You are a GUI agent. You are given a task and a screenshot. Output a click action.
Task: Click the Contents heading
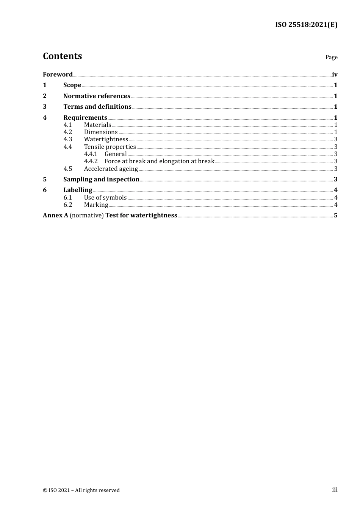[x=62, y=56]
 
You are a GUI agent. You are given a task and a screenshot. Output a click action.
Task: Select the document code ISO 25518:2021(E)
[x=306, y=25]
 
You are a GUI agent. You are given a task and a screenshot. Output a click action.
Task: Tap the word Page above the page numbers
[x=331, y=57]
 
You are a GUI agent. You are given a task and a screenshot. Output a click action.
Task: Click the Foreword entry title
[x=58, y=74]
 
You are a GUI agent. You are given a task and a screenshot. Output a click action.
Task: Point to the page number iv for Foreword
[x=335, y=75]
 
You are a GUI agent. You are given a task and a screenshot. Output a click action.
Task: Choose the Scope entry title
[x=72, y=85]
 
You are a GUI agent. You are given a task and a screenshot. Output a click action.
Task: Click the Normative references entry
[x=97, y=96]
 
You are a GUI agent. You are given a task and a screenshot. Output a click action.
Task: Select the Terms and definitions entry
[x=97, y=107]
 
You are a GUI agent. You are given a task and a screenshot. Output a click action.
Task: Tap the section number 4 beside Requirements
[x=45, y=118]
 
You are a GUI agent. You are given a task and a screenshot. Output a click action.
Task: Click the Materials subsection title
[x=97, y=125]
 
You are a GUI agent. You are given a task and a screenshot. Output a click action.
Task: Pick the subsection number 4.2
[x=68, y=132]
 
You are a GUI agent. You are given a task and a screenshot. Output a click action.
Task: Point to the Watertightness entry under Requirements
[x=106, y=139]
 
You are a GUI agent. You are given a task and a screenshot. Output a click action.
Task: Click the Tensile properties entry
[x=110, y=147]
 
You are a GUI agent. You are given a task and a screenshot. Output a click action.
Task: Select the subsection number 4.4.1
[x=91, y=154]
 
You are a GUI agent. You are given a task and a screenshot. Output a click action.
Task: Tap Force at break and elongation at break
[x=160, y=161]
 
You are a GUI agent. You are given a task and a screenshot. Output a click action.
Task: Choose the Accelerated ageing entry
[x=111, y=169]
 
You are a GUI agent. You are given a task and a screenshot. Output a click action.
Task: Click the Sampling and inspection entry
[x=101, y=180]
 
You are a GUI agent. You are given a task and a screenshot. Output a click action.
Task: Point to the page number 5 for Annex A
[x=335, y=215]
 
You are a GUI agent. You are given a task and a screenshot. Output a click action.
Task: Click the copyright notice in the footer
[x=81, y=490]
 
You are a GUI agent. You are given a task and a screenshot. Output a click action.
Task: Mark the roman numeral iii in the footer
[x=335, y=490]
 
